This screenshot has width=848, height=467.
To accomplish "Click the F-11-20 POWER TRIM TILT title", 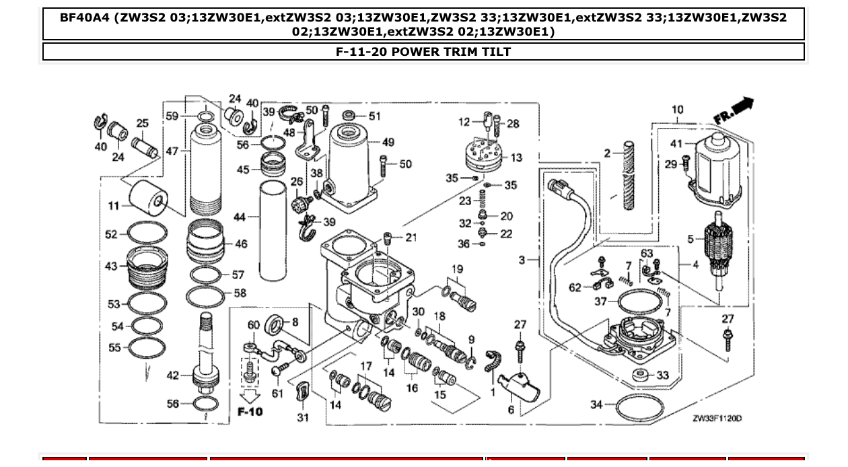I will tap(423, 52).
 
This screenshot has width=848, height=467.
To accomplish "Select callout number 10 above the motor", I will tap(677, 110).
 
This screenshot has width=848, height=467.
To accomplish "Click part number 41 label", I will tap(676, 143).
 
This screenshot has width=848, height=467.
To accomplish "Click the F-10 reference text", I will tap(250, 410).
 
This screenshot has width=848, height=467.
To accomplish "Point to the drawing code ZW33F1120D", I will tap(717, 418).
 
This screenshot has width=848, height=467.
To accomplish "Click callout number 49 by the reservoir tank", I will tap(388, 142).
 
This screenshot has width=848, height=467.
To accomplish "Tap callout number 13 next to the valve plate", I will tap(516, 157).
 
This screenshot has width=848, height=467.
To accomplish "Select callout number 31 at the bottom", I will tap(303, 417).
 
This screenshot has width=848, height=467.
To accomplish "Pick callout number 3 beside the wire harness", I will tap(522, 259).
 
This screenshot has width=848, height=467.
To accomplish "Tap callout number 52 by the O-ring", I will tap(111, 234).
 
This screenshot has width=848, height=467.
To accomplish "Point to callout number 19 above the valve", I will tap(457, 270).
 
